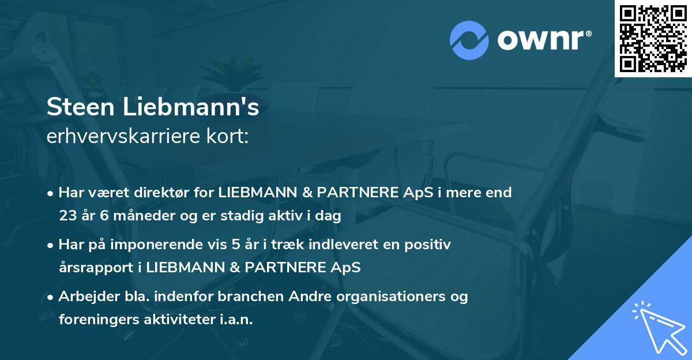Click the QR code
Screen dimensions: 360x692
(653, 39)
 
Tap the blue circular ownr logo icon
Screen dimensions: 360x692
(469, 40)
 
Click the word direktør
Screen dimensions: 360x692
(165, 192)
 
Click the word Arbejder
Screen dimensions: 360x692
(85, 297)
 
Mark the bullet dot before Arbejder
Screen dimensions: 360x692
(51, 297)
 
